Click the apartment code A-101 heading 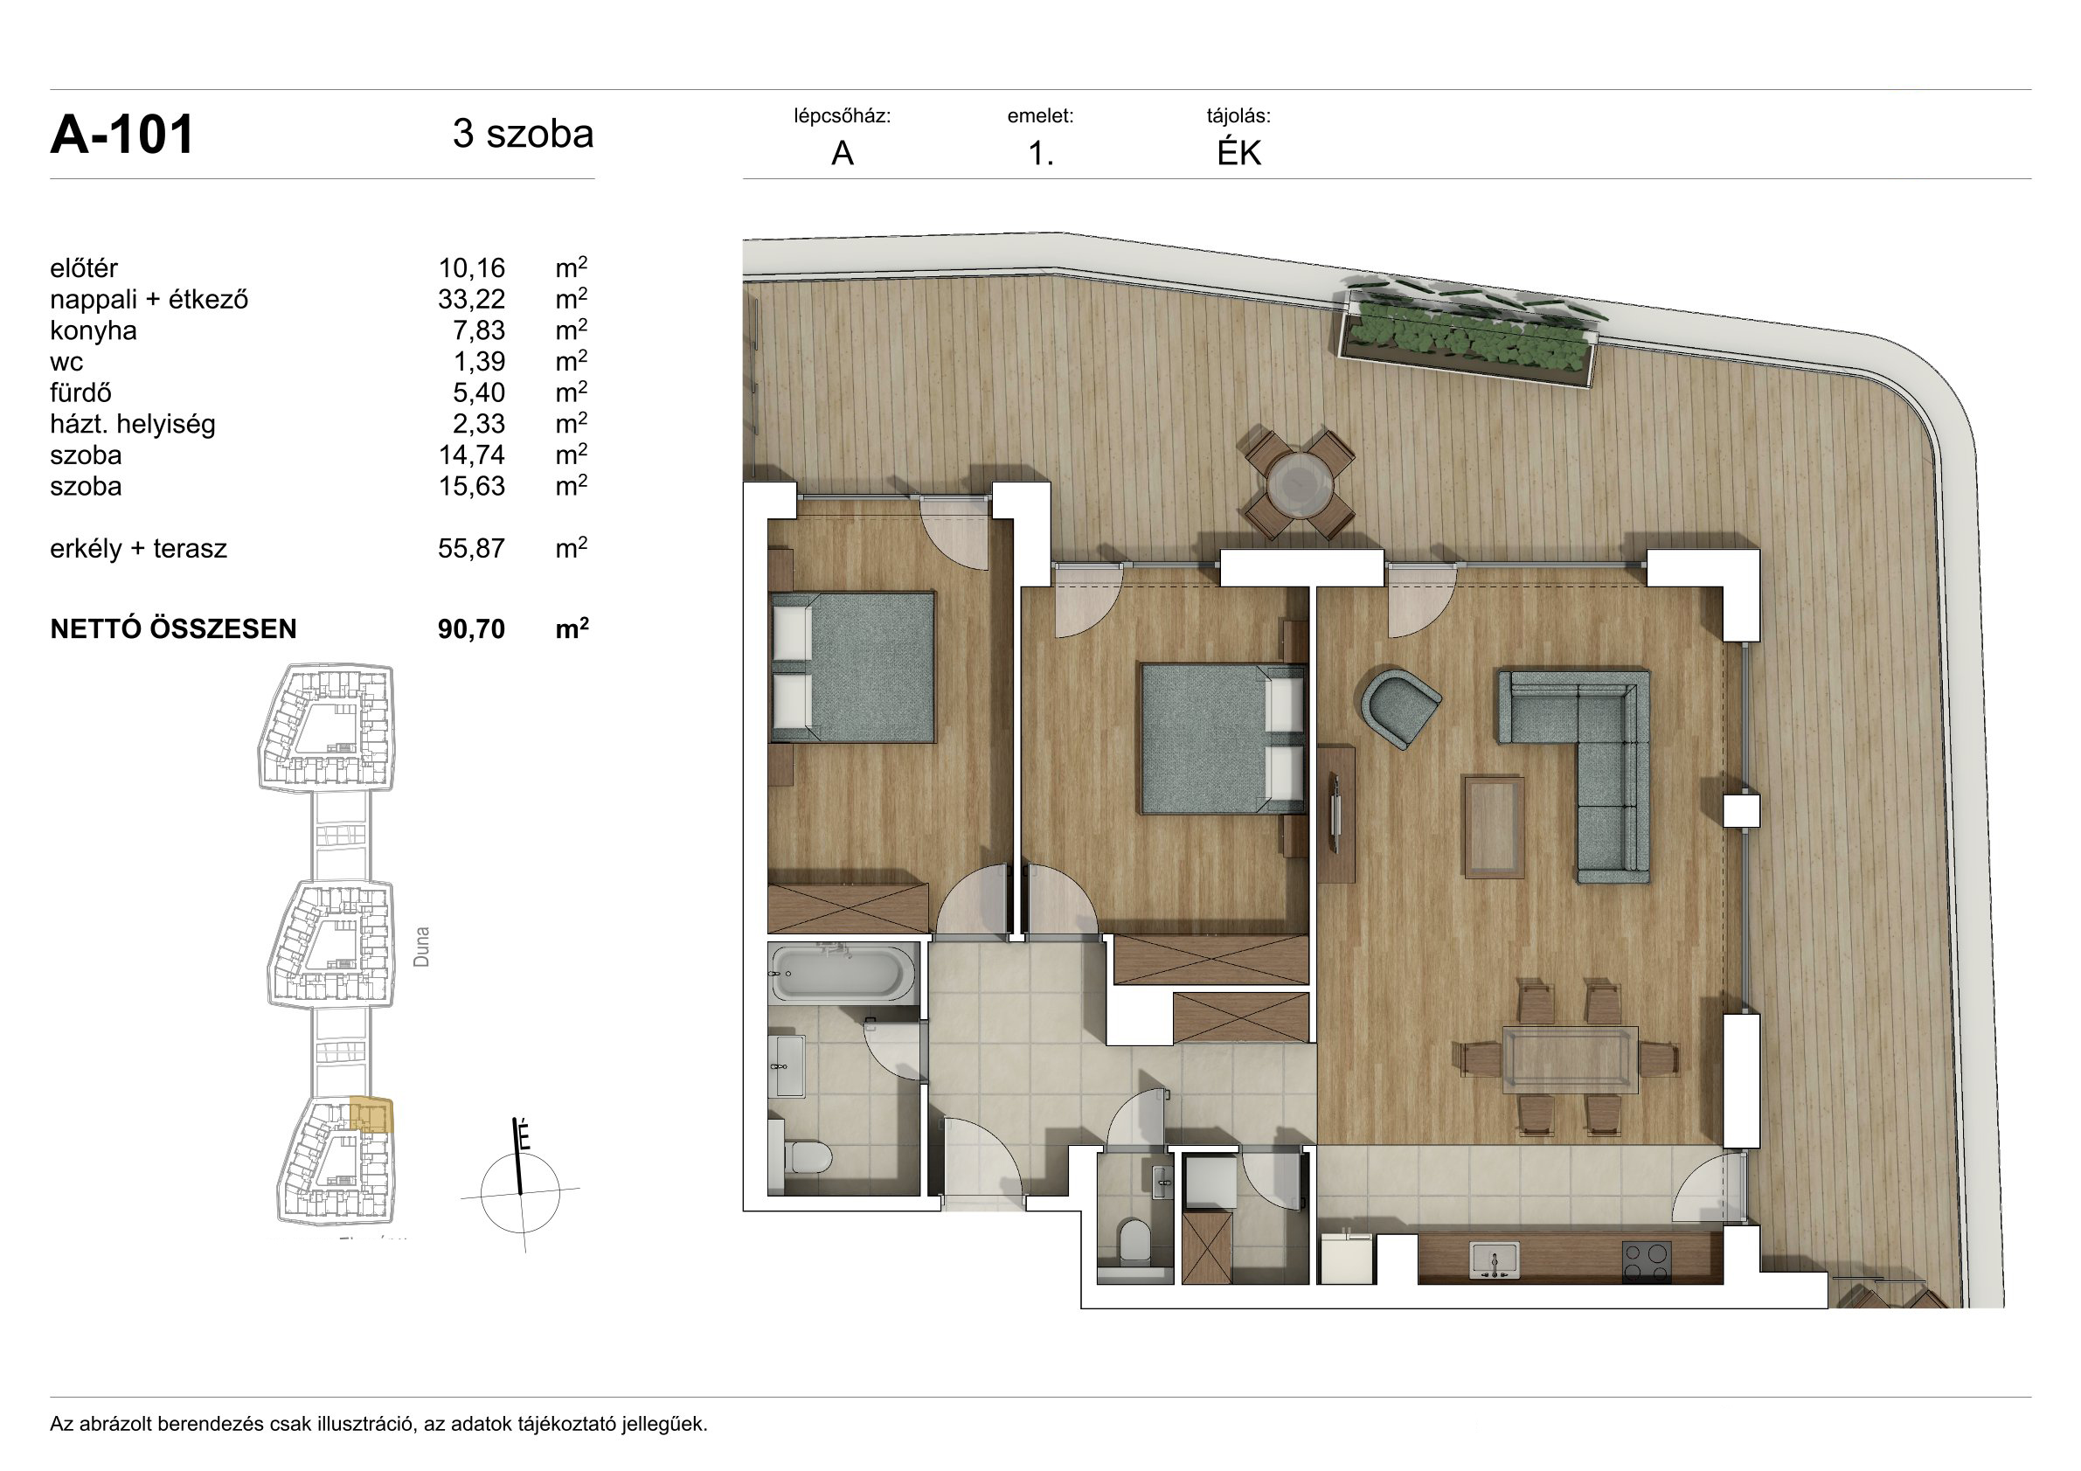pos(121,135)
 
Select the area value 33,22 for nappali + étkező pos(471,300)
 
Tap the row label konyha pos(94,330)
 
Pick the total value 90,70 pos(471,629)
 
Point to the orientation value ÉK pos(1239,153)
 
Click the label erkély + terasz pos(139,549)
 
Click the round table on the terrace pos(1300,485)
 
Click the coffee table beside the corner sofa pos(1494,827)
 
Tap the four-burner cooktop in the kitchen pos(1646,1259)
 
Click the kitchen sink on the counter pos(1494,1259)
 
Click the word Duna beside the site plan pos(421,947)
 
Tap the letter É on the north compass pos(524,1135)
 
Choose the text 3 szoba pos(523,134)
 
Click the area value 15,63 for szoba pos(471,487)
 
